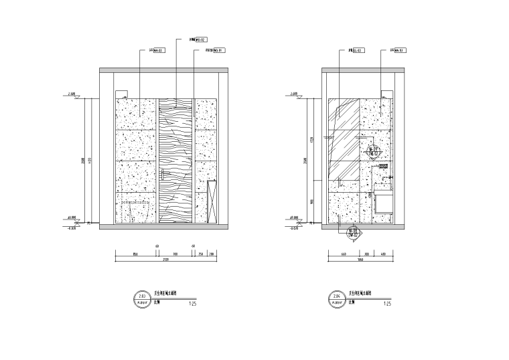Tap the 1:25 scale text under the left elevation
pyautogui.click(x=192, y=304)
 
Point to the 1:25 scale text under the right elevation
pyautogui.click(x=386, y=304)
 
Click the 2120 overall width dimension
pyautogui.click(x=165, y=261)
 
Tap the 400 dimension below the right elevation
pyautogui.click(x=384, y=254)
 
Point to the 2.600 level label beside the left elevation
pyautogui.click(x=72, y=94)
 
